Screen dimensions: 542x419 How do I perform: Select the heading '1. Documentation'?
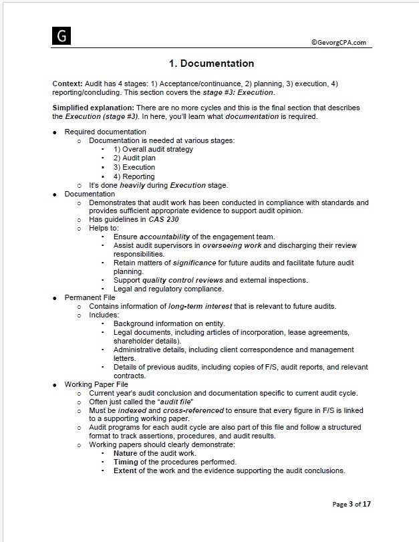tap(211, 63)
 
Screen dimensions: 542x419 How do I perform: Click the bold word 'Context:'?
tap(67, 84)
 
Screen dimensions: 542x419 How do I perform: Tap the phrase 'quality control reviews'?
tap(174, 280)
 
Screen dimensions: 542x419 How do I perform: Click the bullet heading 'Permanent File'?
tap(90, 297)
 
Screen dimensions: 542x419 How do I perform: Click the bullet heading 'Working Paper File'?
tap(96, 384)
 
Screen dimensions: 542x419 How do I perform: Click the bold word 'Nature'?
tap(126, 453)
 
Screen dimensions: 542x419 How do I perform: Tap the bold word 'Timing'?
tap(126, 462)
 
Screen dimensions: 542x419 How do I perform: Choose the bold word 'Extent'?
tap(125, 470)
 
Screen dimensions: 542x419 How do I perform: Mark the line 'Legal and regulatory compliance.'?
tap(168, 289)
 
